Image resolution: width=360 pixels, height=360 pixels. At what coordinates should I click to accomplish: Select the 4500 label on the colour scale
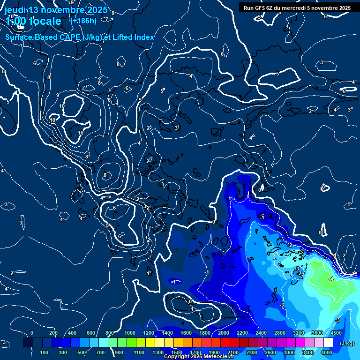tap(335, 333)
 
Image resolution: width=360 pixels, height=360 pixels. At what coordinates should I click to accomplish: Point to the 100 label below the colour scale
tap(45, 352)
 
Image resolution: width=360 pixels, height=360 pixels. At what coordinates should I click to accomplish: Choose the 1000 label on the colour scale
tap(129, 333)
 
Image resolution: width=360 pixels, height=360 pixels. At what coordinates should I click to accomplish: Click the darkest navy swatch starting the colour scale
tap(28, 343)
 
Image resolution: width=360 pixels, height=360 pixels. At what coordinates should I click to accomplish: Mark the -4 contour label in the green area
tap(331, 279)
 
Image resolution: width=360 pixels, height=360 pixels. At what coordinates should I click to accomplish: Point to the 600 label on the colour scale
tap(91, 333)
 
